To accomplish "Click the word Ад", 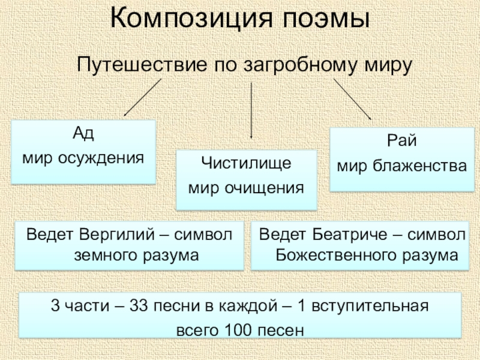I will point(83,134).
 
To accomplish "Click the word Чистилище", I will point(246,163).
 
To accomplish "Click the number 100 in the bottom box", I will point(235,329).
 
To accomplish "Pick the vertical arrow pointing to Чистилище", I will point(251,111).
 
